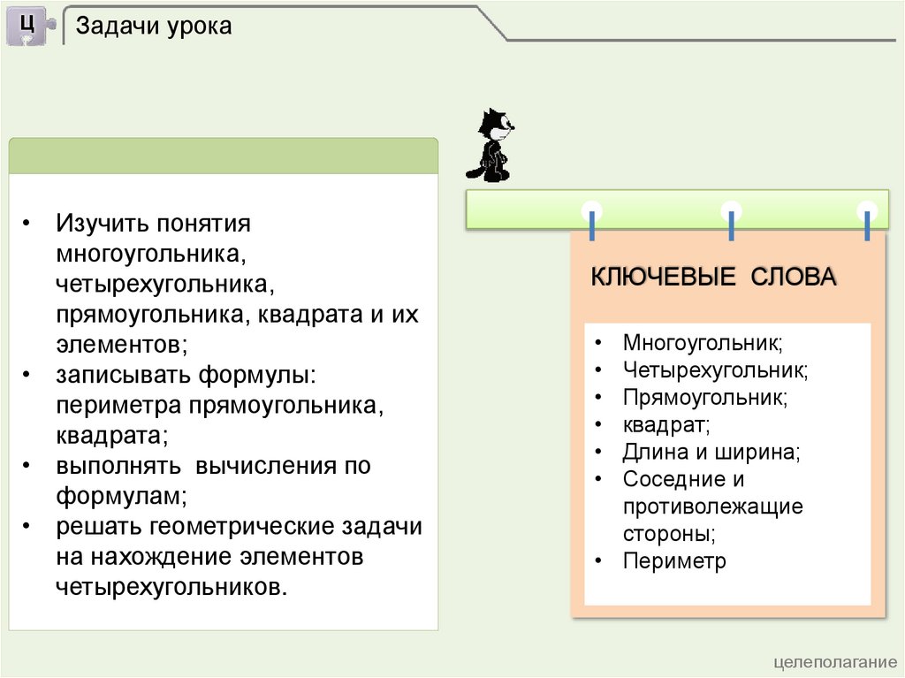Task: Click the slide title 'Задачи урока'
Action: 154,27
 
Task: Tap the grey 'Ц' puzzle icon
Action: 28,25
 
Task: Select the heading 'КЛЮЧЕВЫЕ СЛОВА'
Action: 713,277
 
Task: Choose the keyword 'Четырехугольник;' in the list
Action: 715,369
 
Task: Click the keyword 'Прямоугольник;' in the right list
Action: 704,397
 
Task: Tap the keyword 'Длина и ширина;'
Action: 711,453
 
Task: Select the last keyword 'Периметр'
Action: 673,561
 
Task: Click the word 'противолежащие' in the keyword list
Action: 712,507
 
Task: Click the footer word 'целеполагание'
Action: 835,663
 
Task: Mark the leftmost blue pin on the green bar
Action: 591,221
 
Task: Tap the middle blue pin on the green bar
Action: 731,221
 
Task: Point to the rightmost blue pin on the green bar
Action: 868,221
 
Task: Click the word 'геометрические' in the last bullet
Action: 239,527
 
